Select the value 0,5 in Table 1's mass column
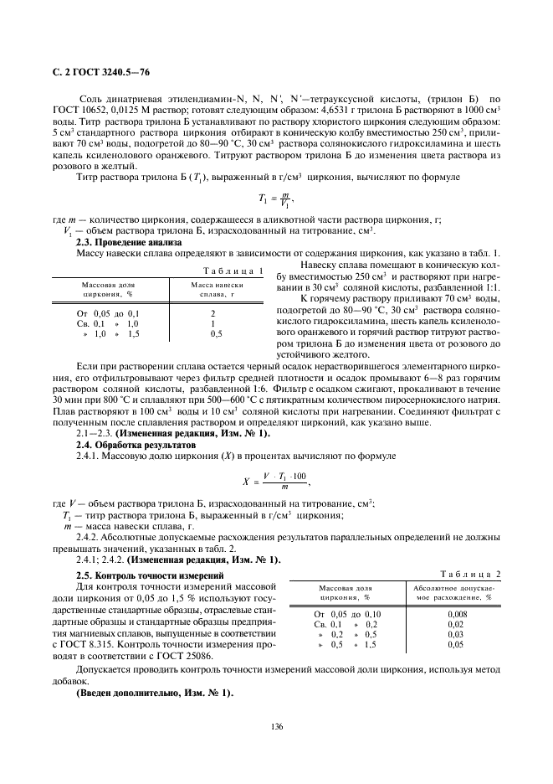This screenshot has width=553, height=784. [216, 333]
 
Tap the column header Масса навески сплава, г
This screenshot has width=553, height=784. [216, 290]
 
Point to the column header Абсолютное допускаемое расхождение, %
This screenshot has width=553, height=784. [455, 593]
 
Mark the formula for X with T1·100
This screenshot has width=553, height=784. [276, 480]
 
